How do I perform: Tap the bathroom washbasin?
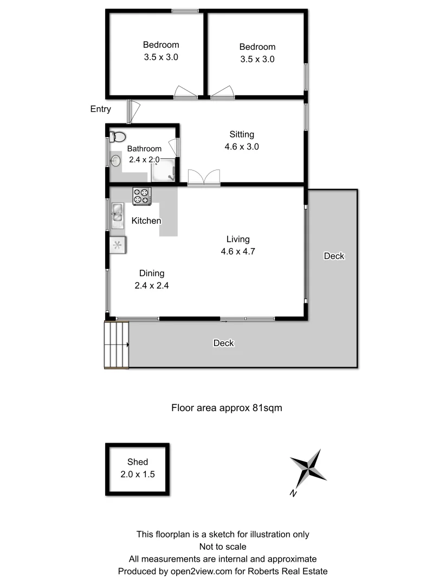point(115,160)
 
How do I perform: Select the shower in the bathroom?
point(163,171)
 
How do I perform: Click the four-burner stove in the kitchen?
point(142,196)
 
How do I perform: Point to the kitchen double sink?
point(117,213)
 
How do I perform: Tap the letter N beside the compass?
point(293,493)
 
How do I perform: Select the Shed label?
point(138,462)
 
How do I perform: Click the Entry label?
point(101,109)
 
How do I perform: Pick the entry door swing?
point(132,112)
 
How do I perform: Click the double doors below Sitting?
point(204,178)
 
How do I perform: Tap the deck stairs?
point(117,345)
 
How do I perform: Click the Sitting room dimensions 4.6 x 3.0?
point(241,146)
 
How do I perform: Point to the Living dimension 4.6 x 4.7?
point(238,251)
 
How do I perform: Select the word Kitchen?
point(146,221)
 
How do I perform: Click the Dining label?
point(152,274)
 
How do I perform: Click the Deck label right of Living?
point(334,256)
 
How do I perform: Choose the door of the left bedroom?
point(186,92)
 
